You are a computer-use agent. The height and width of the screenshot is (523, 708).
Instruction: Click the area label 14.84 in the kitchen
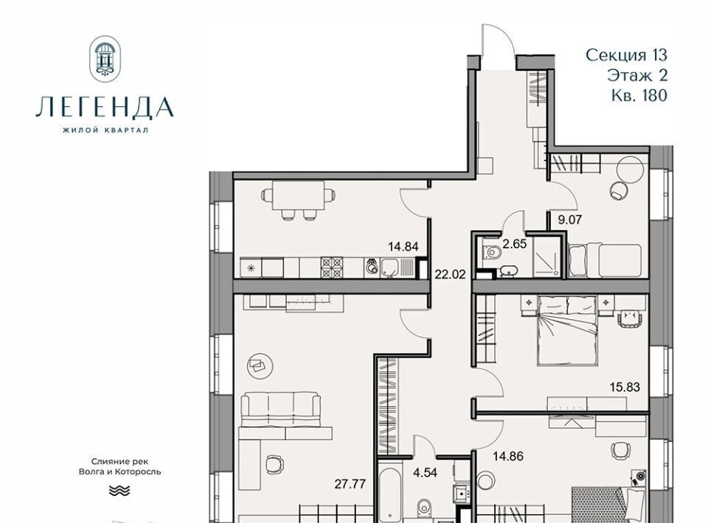[x=403, y=247]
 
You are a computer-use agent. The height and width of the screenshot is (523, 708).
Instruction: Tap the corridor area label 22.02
[x=450, y=274]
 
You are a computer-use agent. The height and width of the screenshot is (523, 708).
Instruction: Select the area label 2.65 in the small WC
[x=515, y=244]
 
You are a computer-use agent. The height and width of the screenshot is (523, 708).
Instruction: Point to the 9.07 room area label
[x=570, y=220]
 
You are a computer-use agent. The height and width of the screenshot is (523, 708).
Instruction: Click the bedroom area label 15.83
[x=625, y=387]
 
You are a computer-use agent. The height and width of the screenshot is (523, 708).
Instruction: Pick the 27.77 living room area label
[x=350, y=484]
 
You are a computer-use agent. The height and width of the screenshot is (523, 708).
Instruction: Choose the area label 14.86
[x=508, y=456]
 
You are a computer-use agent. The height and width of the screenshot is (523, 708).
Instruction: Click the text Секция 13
[x=626, y=55]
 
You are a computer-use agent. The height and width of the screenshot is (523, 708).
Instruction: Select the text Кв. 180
[x=639, y=95]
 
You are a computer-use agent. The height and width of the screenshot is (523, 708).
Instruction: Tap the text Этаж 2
[x=637, y=75]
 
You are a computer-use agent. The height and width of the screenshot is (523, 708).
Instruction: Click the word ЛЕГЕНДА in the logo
[x=105, y=108]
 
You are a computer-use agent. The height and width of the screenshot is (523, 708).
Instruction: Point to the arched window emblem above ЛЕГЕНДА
[x=105, y=59]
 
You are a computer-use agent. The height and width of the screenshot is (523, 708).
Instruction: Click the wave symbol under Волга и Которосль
[x=119, y=490]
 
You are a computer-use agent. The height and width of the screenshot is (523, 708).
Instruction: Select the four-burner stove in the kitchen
[x=332, y=267]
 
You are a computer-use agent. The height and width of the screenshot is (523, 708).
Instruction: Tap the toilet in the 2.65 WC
[x=492, y=253]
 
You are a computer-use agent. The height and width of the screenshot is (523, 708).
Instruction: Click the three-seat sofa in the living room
[x=281, y=409]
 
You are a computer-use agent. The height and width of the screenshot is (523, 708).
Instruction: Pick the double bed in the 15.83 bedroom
[x=567, y=330]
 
